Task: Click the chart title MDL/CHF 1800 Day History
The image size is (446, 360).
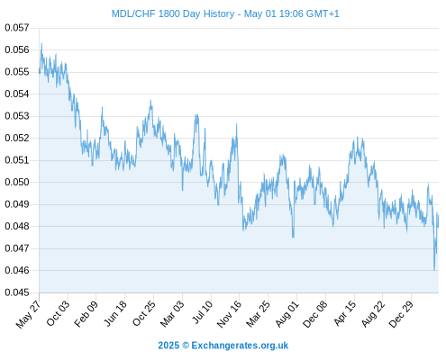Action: [x=173, y=14]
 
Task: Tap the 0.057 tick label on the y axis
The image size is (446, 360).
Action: [x=17, y=28]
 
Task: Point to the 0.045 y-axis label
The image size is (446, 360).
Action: [x=17, y=292]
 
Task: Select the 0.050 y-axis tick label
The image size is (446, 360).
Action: [x=17, y=182]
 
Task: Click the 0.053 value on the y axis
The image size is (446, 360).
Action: [x=17, y=116]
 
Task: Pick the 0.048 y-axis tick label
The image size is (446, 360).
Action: [x=17, y=226]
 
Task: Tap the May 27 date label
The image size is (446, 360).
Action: [x=29, y=313]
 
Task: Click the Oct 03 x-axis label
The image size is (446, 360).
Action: [x=58, y=313]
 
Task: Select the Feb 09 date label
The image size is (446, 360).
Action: [x=86, y=313]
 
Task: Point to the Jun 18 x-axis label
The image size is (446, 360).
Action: [x=114, y=313]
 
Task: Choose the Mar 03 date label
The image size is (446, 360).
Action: [x=172, y=313]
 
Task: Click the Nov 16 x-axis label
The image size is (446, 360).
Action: [x=229, y=314]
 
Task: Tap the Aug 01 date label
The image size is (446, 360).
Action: [x=287, y=313]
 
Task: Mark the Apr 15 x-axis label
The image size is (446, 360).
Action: [x=344, y=313]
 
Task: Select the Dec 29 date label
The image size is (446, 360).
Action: [x=401, y=314]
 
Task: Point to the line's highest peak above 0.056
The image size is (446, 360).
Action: [x=41, y=43]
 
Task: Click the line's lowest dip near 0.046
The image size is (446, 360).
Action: [x=434, y=270]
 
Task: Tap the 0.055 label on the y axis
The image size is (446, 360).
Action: [x=17, y=72]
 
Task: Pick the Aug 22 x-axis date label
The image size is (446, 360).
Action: [x=373, y=313]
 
